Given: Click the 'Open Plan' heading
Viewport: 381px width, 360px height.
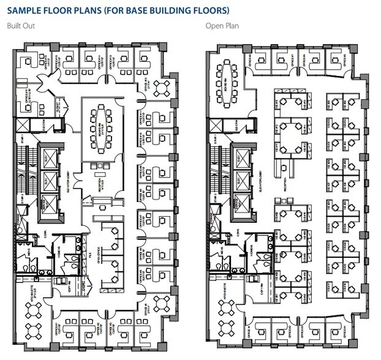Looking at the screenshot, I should click(222, 26).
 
